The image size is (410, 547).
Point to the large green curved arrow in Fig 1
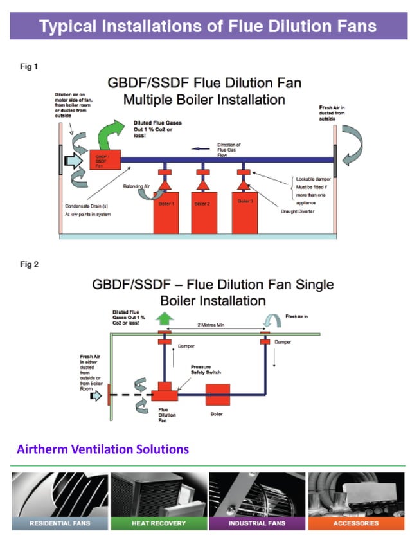[x=116, y=132]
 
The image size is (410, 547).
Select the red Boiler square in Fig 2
[x=218, y=394]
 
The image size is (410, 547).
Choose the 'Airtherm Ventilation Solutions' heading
[x=103, y=449]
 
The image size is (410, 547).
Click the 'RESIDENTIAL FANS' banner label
[x=60, y=523]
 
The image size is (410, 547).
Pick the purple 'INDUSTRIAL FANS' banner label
[x=256, y=523]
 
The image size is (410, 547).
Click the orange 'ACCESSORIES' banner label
[x=355, y=523]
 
